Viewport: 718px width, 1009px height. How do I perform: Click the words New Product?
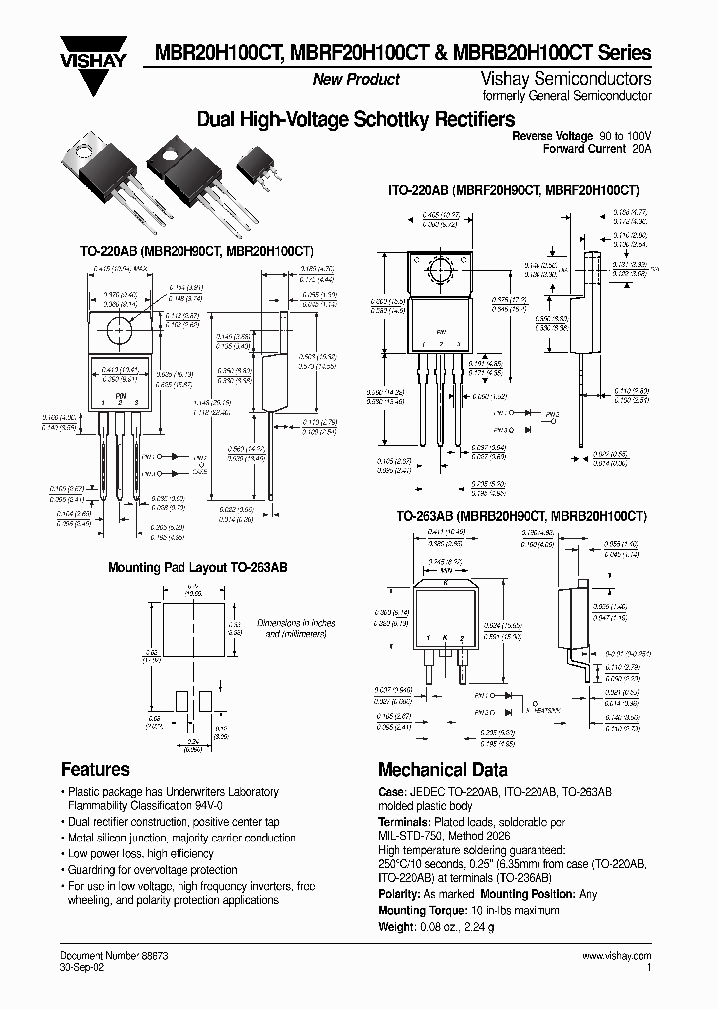pyautogui.click(x=356, y=79)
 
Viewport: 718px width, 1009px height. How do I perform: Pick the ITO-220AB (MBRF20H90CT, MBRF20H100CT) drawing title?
pyautogui.click(x=513, y=189)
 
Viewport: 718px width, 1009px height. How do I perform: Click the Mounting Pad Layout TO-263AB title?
pyautogui.click(x=197, y=567)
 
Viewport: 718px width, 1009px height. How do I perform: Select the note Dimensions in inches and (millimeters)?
pyautogui.click(x=298, y=627)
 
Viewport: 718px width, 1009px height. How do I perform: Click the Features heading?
pyautogui.click(x=95, y=769)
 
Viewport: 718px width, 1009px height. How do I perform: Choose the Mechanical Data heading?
pyautogui.click(x=442, y=769)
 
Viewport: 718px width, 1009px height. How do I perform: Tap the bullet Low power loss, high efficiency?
pyautogui.click(x=141, y=853)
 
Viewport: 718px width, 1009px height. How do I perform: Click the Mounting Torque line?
pyautogui.click(x=466, y=910)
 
